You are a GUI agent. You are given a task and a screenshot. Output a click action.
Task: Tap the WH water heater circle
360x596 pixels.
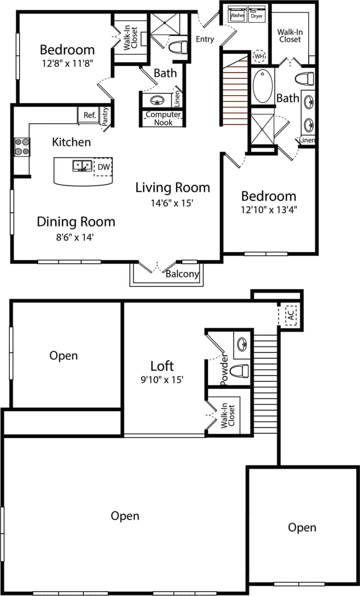tap(259, 56)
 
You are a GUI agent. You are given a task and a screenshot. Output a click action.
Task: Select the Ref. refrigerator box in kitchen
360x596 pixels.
tap(89, 115)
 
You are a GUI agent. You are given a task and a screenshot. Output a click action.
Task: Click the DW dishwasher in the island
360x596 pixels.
tap(102, 167)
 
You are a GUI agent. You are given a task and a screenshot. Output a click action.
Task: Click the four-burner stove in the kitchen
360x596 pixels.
tap(22, 147)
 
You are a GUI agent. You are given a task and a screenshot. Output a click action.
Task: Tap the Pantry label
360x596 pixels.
tap(105, 116)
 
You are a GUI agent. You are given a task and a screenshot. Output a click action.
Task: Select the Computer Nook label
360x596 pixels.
tap(163, 119)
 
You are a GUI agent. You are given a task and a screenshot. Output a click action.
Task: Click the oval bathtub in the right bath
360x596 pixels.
tap(263, 86)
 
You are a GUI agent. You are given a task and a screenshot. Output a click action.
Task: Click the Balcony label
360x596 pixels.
tap(182, 274)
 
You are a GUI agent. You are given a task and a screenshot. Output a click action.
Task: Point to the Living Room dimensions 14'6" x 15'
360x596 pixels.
tap(172, 202)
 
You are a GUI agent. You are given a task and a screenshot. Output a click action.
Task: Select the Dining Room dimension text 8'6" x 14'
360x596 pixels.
tap(76, 237)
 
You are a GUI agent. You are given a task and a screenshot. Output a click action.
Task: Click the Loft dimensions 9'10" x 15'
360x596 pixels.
tap(162, 379)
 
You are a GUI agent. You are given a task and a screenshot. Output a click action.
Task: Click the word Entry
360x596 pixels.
tap(205, 39)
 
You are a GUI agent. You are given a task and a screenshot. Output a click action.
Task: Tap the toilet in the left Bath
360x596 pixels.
tap(177, 48)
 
